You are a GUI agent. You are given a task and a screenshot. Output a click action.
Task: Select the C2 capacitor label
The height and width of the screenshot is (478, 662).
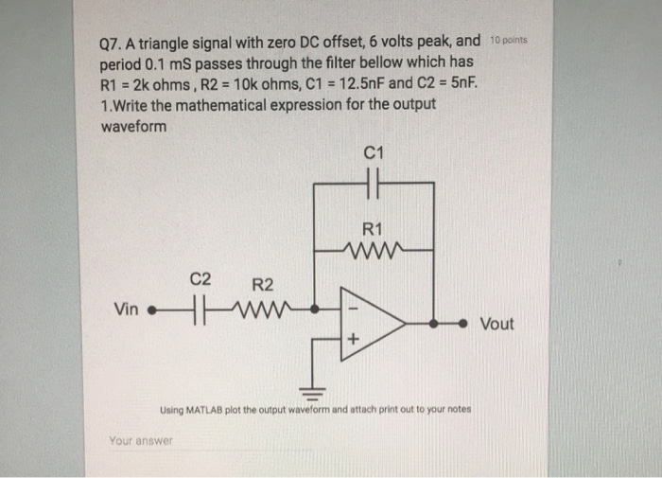click(x=200, y=279)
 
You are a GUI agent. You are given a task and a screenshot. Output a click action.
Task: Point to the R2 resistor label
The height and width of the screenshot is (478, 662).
click(x=262, y=284)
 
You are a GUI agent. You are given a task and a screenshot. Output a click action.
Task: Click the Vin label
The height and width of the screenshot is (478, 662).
click(x=125, y=308)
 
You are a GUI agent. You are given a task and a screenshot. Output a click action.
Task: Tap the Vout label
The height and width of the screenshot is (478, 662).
click(x=497, y=324)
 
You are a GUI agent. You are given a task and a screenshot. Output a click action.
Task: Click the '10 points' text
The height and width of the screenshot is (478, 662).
click(x=512, y=41)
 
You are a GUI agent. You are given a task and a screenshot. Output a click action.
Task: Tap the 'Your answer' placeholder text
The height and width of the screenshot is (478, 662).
click(x=141, y=441)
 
